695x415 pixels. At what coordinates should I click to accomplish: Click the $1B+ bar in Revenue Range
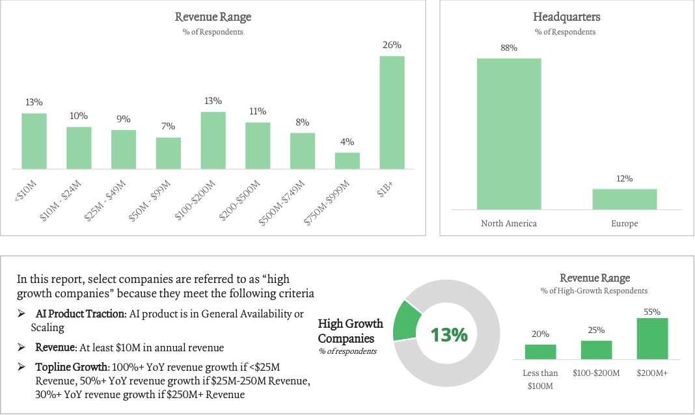coord(392,113)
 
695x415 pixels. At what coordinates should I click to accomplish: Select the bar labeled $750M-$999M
coord(347,161)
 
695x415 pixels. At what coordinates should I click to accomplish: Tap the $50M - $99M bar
coord(169,154)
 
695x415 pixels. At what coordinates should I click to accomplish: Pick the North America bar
coord(509,133)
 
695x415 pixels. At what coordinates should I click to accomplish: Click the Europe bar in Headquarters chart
coord(624,199)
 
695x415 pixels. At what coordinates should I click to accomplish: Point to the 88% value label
coord(509,48)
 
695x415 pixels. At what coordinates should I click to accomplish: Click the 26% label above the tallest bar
coord(392,46)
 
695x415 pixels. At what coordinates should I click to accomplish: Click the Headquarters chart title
coord(566,18)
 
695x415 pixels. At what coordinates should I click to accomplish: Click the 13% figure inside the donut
coord(448,335)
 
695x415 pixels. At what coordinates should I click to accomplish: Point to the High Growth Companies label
coord(350,331)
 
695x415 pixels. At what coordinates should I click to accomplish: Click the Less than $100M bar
coord(540,351)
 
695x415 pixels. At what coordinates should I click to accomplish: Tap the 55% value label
coord(652,312)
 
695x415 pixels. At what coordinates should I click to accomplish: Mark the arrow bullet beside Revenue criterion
coord(22,348)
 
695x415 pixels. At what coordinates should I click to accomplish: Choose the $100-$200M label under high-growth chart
coord(596,373)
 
